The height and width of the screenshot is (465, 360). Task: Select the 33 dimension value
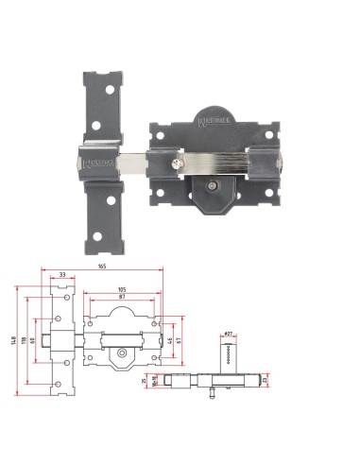pyautogui.click(x=62, y=275)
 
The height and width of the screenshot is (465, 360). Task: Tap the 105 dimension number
pyautogui.click(x=122, y=289)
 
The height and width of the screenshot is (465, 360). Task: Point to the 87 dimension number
pyautogui.click(x=122, y=298)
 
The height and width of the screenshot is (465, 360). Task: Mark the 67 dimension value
pyautogui.click(x=180, y=338)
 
